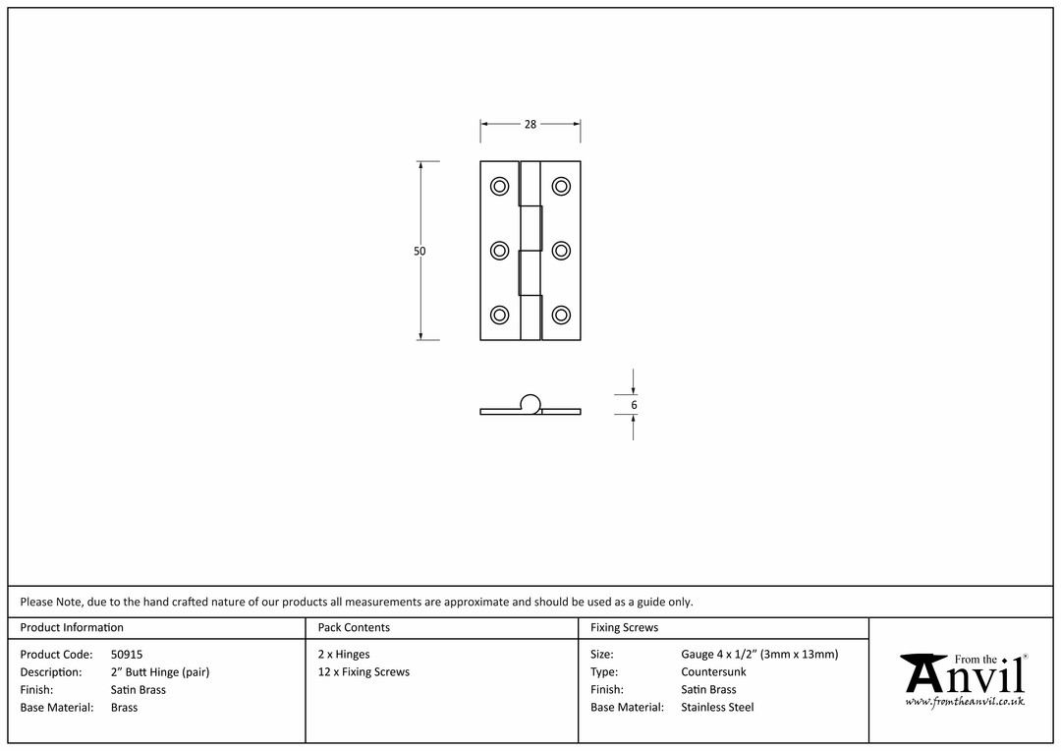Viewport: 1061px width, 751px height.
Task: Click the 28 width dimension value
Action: click(530, 124)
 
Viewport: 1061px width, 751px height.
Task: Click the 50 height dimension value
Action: click(419, 252)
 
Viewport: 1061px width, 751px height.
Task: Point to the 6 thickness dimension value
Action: click(634, 405)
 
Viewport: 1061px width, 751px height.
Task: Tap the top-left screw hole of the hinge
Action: click(499, 186)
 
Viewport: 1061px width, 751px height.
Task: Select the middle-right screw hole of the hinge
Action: click(561, 251)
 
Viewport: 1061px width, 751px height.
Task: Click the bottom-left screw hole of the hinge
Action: click(499, 315)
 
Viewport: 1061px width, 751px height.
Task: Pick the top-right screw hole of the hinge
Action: click(561, 186)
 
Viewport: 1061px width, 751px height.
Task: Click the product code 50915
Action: click(127, 654)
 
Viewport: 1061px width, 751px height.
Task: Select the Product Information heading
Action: click(72, 627)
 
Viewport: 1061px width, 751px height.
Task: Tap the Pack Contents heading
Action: click(354, 627)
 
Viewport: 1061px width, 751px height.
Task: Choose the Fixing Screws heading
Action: click(624, 628)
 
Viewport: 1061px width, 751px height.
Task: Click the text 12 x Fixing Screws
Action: click(364, 671)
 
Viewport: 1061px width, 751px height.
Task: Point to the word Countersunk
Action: click(713, 671)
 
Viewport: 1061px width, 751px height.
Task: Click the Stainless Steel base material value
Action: click(717, 707)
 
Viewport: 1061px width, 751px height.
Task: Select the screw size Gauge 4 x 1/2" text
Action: click(718, 654)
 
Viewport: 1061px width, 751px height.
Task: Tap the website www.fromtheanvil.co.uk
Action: click(965, 702)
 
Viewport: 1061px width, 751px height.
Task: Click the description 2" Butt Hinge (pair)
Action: click(160, 671)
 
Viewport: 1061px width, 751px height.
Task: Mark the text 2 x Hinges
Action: click(344, 654)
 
